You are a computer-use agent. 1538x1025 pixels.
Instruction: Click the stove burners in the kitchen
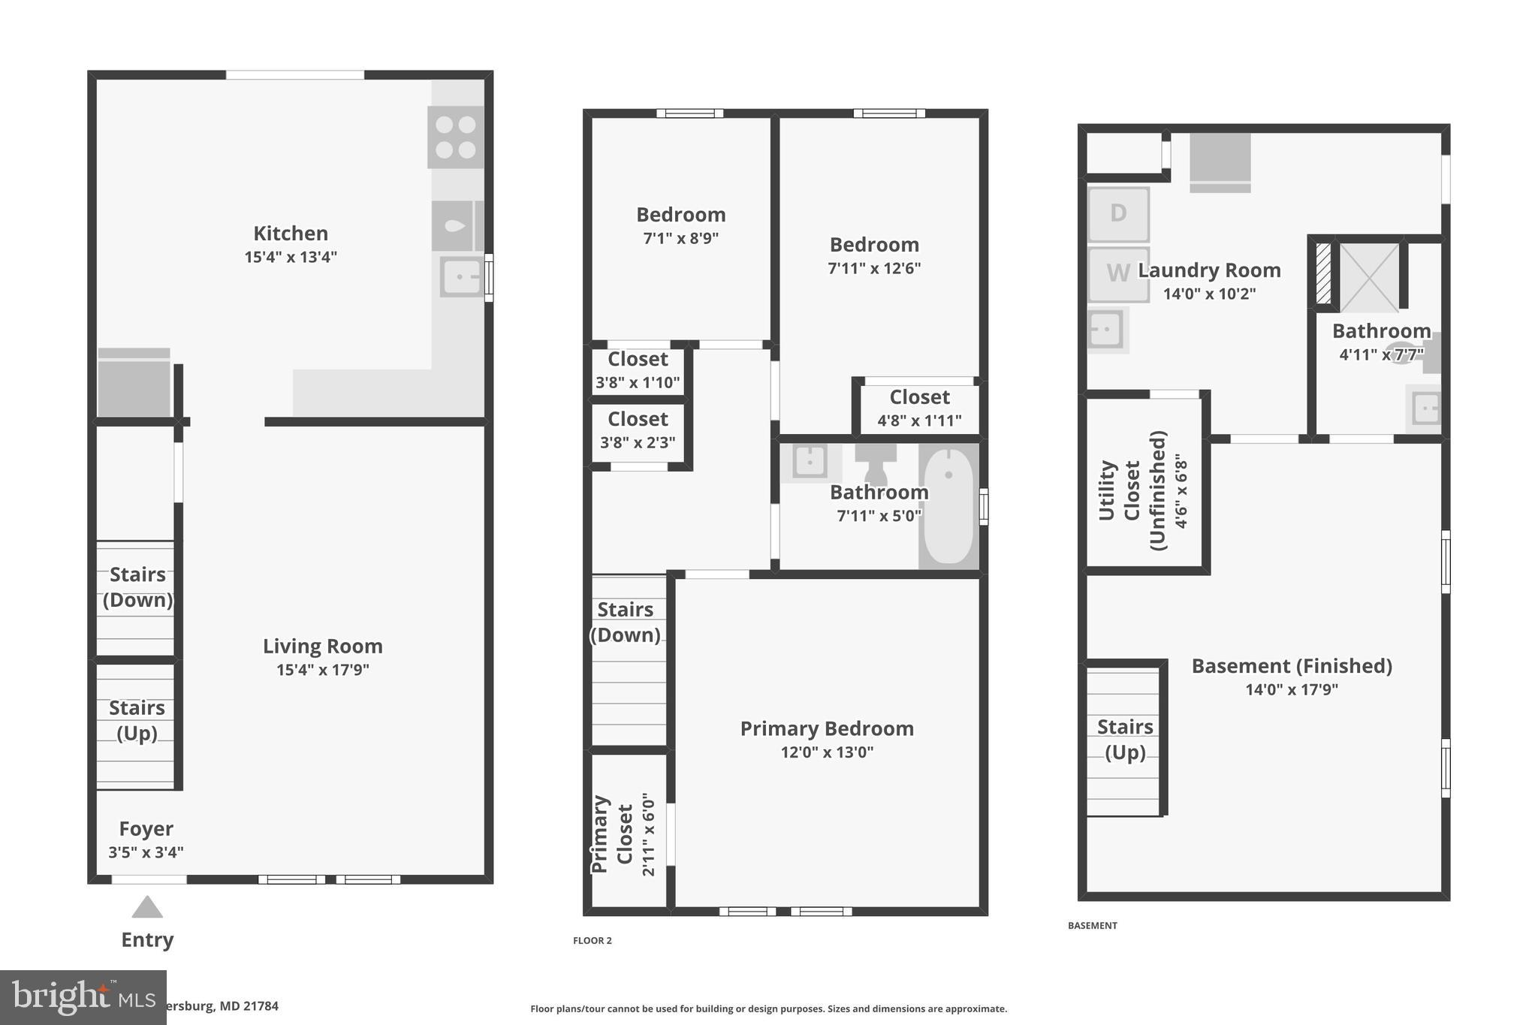[x=455, y=137]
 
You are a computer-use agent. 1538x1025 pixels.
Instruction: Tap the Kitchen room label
[x=290, y=234]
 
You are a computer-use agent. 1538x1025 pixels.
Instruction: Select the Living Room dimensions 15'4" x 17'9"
[x=322, y=670]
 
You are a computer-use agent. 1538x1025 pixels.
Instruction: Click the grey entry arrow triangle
[x=147, y=908]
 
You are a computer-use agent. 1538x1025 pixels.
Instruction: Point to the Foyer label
[x=146, y=829]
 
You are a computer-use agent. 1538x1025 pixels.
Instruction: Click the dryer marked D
[x=1118, y=214]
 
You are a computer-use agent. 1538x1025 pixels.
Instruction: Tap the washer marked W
[x=1117, y=274]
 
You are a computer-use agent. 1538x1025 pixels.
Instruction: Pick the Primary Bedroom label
[x=827, y=728]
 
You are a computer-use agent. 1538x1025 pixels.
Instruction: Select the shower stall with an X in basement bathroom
[x=1370, y=277]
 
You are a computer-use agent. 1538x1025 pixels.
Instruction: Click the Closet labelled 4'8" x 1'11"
[x=919, y=408]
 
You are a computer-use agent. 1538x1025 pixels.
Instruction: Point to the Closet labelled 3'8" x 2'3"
[x=638, y=430]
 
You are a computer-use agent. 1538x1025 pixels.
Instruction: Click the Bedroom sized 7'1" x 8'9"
[x=680, y=225]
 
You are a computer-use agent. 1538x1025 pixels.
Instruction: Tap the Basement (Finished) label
[x=1292, y=666]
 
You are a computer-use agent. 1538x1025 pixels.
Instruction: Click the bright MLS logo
[x=83, y=997]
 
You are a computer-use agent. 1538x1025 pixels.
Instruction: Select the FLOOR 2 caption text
[x=593, y=940]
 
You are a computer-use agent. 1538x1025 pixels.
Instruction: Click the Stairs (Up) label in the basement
[x=1124, y=740]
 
